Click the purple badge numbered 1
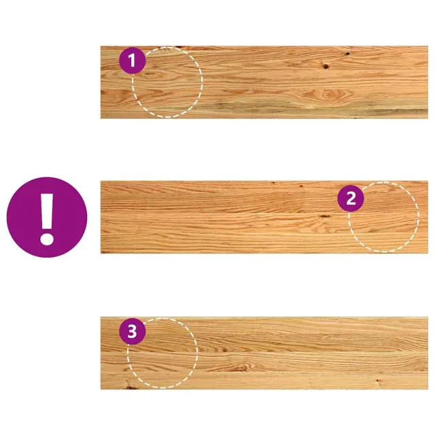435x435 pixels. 133,60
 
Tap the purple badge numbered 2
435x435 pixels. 351,198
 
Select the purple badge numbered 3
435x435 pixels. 133,331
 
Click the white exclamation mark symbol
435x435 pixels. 47,219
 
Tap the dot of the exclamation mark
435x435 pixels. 47,239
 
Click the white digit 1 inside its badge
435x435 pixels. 132,60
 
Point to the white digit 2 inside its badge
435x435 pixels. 351,198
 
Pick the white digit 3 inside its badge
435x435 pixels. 132,331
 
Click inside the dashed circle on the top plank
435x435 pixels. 167,82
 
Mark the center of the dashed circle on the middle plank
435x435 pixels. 383,217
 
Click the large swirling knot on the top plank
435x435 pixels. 328,95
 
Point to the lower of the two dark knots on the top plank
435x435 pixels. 326,67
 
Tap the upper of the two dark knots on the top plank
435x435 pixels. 347,53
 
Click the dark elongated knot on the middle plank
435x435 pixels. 324,216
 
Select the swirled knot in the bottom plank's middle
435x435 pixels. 241,368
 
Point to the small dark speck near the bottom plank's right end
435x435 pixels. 378,381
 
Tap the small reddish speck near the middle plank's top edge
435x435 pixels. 300,186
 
